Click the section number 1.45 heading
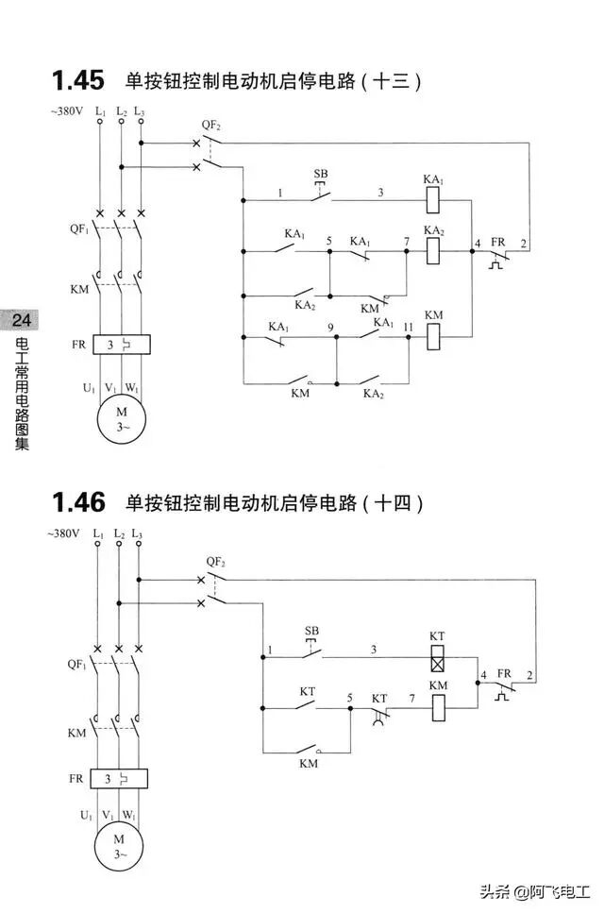77,79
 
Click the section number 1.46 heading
77,499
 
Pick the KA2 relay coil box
433,251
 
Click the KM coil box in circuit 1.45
433,335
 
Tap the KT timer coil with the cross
437,656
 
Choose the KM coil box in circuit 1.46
438,707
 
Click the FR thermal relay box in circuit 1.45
121,345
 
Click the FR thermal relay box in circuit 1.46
120,779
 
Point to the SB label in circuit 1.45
321,175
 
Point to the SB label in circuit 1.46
312,631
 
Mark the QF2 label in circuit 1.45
210,126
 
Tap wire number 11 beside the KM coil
408,327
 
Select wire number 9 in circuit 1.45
331,327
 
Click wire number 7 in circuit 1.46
411,699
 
